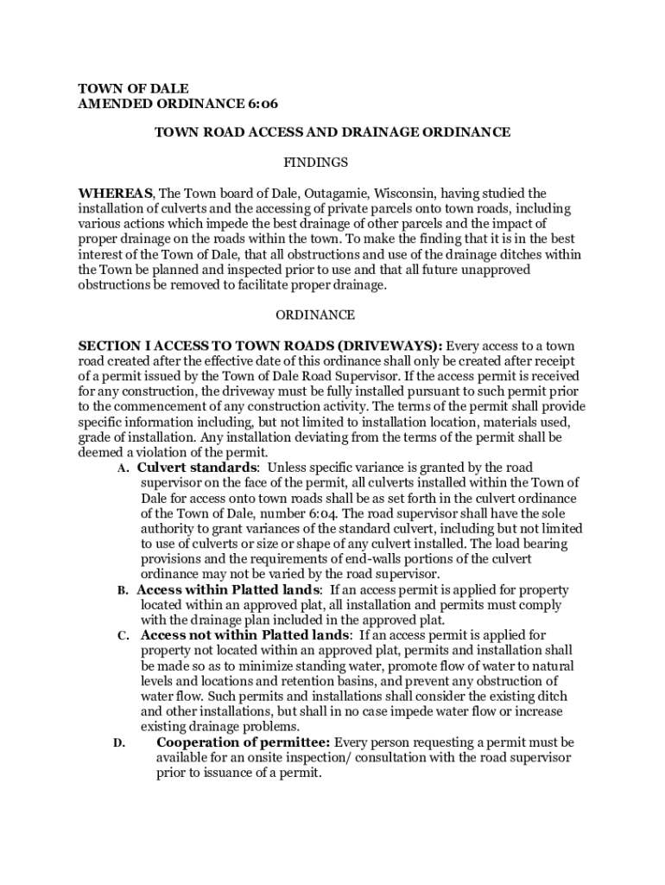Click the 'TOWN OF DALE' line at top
click(133, 88)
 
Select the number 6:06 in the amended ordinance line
click(259, 104)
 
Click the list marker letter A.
click(122, 469)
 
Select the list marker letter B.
click(122, 591)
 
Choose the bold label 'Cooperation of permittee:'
click(243, 742)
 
